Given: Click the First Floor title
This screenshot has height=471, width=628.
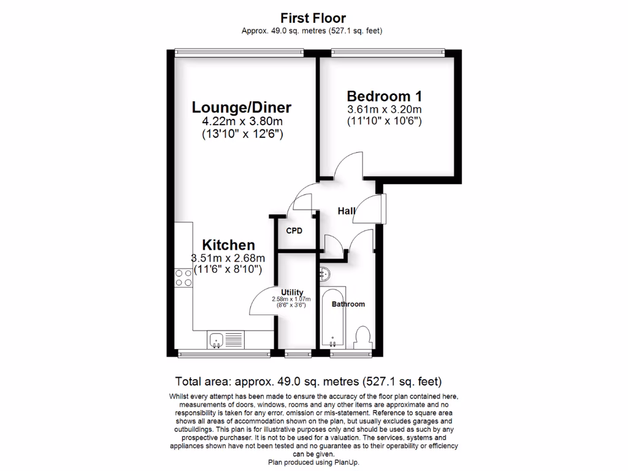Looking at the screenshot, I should tap(313, 18).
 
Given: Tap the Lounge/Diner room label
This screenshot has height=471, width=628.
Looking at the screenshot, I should tap(242, 107).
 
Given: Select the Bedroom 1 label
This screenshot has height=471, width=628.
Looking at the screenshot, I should tap(384, 96).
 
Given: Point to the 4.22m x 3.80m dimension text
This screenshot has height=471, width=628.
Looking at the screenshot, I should tap(242, 122).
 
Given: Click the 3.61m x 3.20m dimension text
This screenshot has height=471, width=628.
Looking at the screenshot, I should tap(384, 110).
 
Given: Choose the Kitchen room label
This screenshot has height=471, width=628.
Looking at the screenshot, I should tap(229, 245).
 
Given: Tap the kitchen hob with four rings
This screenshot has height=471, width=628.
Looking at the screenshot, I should tap(183, 278).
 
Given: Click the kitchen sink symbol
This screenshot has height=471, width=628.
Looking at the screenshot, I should tap(216, 339).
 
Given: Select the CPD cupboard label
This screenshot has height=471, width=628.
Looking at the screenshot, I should tap(295, 231).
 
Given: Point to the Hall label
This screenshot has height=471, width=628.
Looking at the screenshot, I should tap(347, 211).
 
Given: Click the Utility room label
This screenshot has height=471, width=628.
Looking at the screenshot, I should tap(293, 292).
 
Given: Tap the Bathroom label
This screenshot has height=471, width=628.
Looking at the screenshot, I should tap(348, 304).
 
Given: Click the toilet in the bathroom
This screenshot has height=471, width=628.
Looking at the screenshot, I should tap(363, 337).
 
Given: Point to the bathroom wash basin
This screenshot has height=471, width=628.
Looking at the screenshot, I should tap(324, 273).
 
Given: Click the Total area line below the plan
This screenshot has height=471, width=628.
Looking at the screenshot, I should tap(308, 381).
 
